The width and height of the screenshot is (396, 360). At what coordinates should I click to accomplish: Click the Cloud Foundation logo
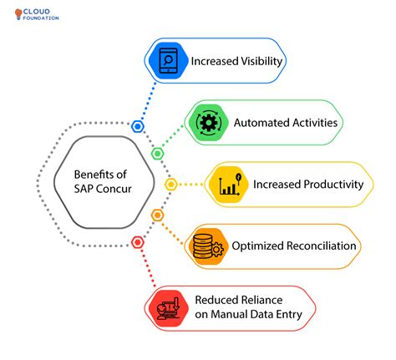point(37,14)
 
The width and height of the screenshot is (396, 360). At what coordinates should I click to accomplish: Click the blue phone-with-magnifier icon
point(168,60)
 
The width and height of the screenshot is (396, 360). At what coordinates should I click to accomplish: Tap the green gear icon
point(208,122)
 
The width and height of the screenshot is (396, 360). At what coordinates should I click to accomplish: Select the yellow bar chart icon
point(229,185)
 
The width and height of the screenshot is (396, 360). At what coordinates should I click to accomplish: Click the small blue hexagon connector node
point(138,126)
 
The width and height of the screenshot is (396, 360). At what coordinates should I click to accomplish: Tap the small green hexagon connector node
point(157,154)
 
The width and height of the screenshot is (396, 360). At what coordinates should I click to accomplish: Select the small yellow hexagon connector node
point(170,185)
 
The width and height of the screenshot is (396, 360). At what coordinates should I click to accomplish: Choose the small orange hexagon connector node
point(157,215)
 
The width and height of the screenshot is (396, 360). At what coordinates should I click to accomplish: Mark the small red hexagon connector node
point(138,242)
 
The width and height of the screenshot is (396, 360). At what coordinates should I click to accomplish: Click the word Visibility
point(261,62)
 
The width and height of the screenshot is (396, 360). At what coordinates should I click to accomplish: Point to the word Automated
point(258,123)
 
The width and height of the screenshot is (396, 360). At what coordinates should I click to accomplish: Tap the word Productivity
point(333,185)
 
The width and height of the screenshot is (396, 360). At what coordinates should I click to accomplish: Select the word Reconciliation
point(321,246)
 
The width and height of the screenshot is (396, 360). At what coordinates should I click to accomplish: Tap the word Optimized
point(257,246)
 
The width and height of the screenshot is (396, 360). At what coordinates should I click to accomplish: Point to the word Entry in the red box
point(289,315)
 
